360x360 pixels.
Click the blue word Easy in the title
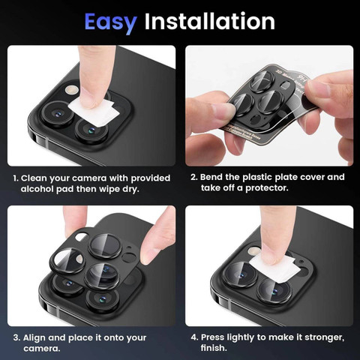tap(110, 22)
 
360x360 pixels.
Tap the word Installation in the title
tap(210, 21)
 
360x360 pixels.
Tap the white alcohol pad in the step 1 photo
tap(94, 110)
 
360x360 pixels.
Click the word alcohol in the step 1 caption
tap(37, 189)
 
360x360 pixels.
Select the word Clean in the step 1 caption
tap(34, 178)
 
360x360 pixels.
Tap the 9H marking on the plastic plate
tap(302, 79)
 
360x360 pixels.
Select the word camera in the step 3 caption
tap(41, 349)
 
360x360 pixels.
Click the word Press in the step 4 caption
tap(213, 337)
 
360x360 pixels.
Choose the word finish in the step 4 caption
tap(213, 348)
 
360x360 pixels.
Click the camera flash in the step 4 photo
tap(254, 250)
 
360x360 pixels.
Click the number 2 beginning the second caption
tap(193, 177)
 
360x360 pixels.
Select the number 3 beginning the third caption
tap(16, 337)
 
